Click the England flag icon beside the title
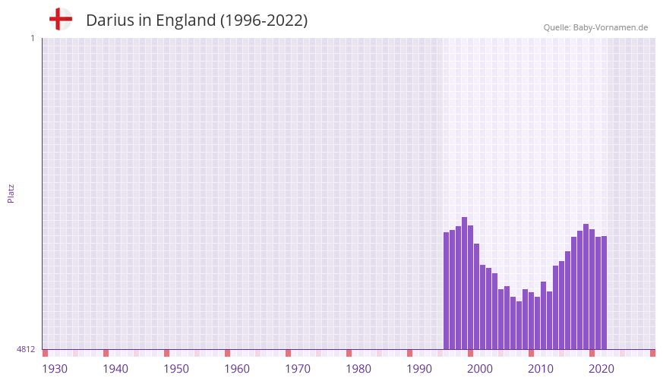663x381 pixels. (x=60, y=20)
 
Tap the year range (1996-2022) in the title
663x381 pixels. (x=264, y=20)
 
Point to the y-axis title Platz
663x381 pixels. (x=11, y=193)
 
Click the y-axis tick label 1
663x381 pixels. (x=32, y=38)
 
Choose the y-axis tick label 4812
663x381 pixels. (x=25, y=349)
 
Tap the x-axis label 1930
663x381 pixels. (x=55, y=369)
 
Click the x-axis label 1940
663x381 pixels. (x=115, y=369)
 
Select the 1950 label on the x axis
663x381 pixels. (x=176, y=369)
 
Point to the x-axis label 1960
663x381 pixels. (x=237, y=369)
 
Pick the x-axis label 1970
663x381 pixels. (x=298, y=369)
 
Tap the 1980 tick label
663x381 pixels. (x=358, y=369)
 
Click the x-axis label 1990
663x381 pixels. (x=419, y=369)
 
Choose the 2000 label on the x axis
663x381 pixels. (x=480, y=369)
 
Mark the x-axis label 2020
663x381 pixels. (x=601, y=369)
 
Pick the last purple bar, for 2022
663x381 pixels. (x=604, y=292)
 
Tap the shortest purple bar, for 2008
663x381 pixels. (x=519, y=325)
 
